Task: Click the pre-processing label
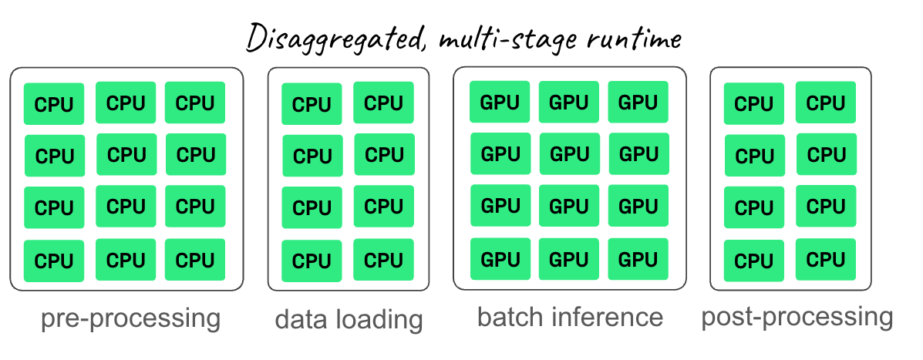(130, 318)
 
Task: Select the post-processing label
(797, 317)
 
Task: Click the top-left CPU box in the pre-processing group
(54, 104)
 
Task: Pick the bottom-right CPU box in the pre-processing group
(195, 260)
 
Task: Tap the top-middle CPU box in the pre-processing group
(126, 103)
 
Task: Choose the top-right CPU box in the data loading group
(383, 103)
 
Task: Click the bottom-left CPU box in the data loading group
(312, 261)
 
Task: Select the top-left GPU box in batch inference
(500, 102)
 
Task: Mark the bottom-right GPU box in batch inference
(638, 258)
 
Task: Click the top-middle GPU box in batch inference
(569, 102)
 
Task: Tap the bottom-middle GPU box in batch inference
(569, 258)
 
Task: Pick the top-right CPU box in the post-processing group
(826, 103)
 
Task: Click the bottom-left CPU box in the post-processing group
(754, 261)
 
